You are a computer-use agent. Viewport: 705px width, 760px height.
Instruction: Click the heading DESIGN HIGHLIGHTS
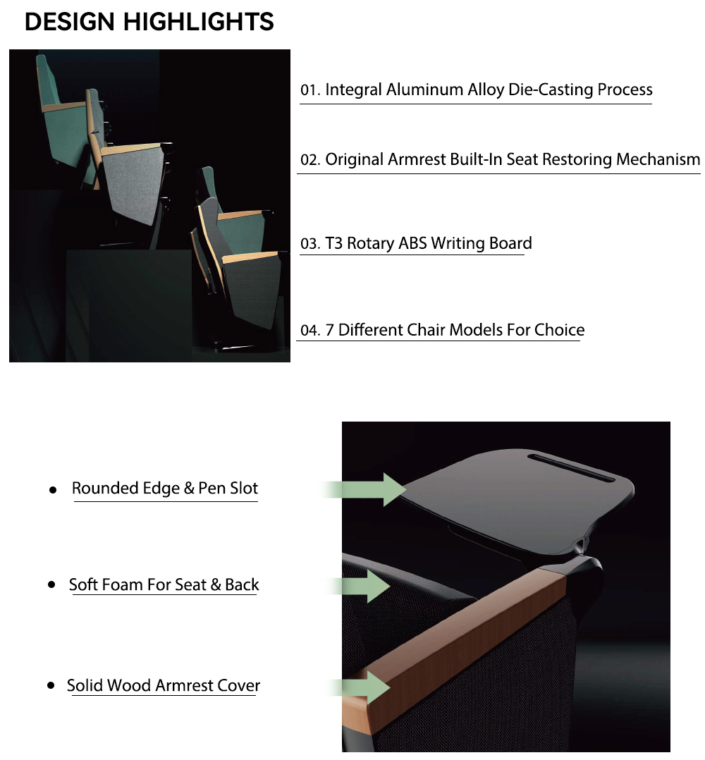click(x=149, y=22)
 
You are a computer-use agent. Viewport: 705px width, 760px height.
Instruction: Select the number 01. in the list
click(x=310, y=90)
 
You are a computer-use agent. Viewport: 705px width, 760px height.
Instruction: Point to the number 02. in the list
click(x=310, y=160)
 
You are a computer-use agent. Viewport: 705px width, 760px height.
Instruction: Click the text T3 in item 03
click(x=334, y=243)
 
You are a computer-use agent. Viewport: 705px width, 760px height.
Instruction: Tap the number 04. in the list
click(x=310, y=331)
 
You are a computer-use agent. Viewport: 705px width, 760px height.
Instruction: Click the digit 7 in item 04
click(x=329, y=331)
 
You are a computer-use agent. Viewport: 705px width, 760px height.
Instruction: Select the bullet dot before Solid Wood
click(x=51, y=685)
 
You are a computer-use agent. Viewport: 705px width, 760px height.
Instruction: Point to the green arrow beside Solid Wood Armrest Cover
click(x=359, y=687)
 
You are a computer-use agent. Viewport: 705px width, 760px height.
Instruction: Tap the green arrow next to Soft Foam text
click(x=359, y=587)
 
